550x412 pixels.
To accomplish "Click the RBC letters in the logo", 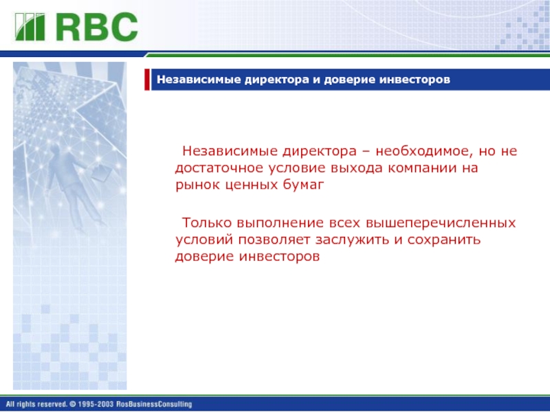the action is pos(97,27).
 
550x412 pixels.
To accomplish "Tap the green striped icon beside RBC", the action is pos(30,27).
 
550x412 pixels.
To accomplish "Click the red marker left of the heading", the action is pos(147,80).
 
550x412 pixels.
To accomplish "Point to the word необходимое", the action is pos(421,151).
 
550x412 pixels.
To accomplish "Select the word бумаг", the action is pos(303,185).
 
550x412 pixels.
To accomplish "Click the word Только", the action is pos(207,223).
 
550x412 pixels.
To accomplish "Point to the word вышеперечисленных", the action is pos(441,223).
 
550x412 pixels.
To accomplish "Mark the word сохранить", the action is pos(443,240).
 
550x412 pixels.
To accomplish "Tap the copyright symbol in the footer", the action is pos(73,404).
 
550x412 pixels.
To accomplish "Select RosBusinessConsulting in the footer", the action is pos(154,404).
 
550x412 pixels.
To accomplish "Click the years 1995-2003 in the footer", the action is pos(96,404).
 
